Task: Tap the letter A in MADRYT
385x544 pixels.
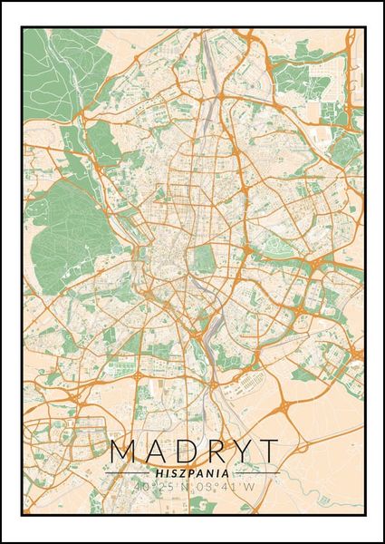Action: [x=153, y=452]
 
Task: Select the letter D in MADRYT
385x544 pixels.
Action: [x=182, y=452]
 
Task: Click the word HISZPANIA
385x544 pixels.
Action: [x=191, y=472]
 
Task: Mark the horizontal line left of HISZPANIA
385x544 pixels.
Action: [x=127, y=473]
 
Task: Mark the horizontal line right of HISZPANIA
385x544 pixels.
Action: [x=257, y=473]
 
